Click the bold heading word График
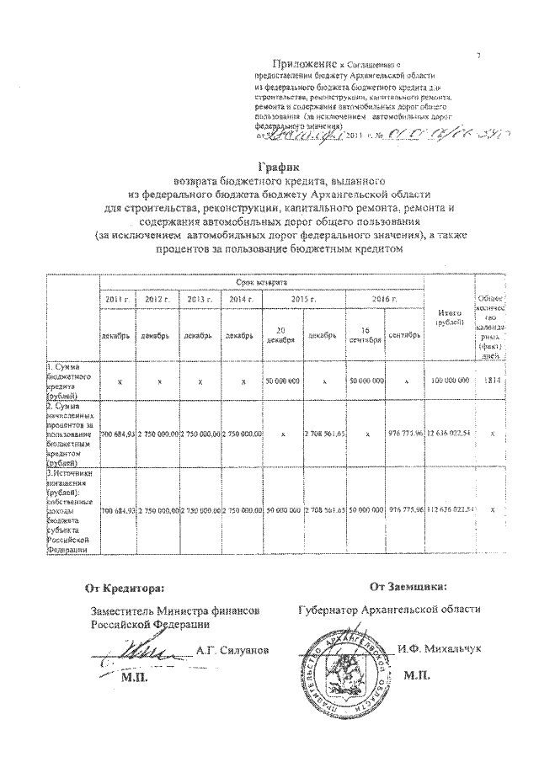coord(278,167)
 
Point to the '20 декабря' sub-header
coord(281,333)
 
